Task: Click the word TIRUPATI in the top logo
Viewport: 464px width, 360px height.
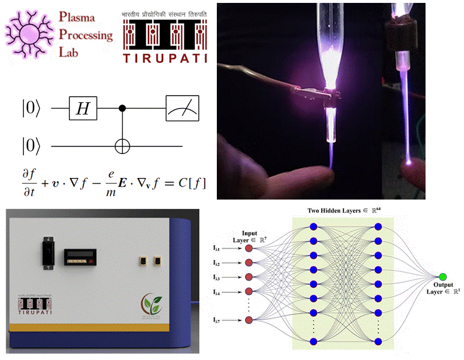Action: (x=164, y=57)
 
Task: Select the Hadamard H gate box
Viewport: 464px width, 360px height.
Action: (x=83, y=108)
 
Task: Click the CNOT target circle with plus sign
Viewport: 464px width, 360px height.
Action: (x=122, y=145)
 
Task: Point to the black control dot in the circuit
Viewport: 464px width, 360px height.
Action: (x=122, y=108)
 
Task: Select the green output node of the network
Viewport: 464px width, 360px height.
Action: (x=444, y=276)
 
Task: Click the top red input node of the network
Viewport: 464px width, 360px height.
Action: (x=249, y=248)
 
